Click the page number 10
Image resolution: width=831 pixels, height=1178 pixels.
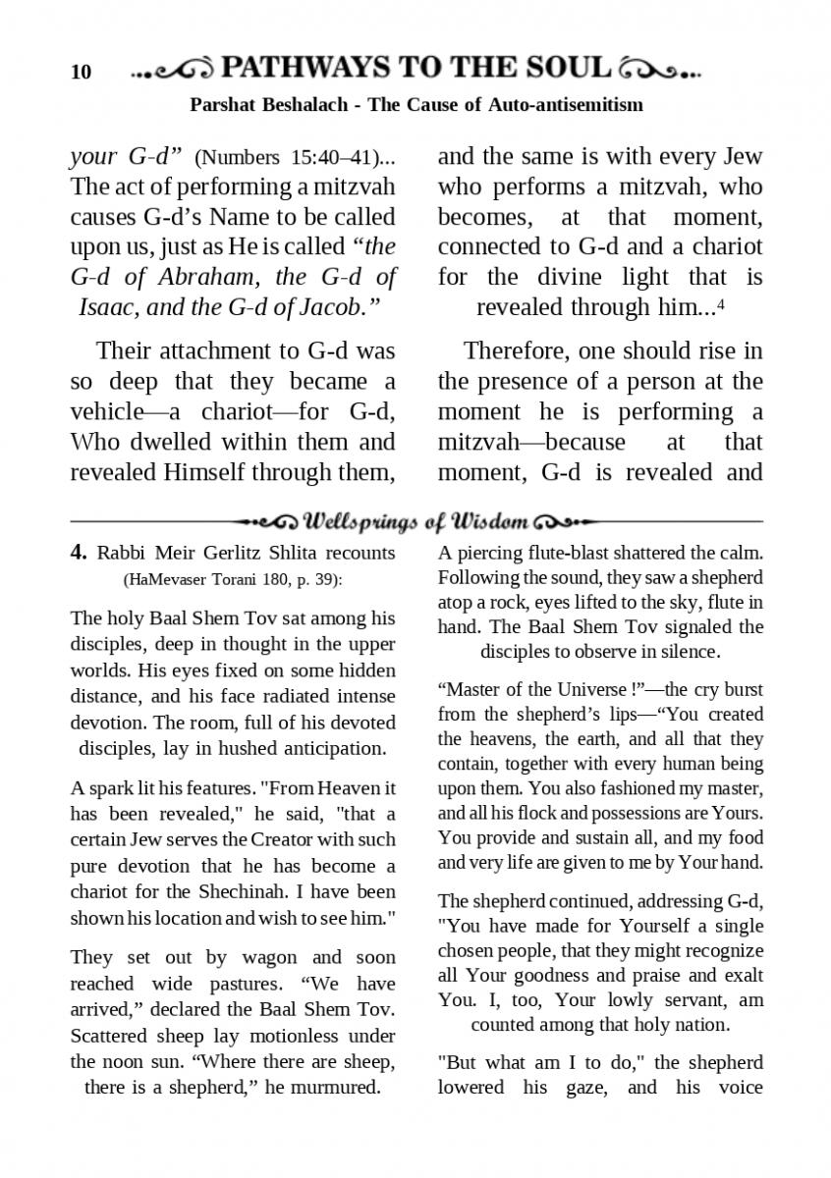click(x=81, y=73)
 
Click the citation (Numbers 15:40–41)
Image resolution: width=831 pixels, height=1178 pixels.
click(x=284, y=157)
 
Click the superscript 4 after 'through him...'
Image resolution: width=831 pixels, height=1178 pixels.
click(x=721, y=303)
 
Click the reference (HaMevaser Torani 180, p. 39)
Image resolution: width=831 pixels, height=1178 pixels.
click(x=233, y=580)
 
